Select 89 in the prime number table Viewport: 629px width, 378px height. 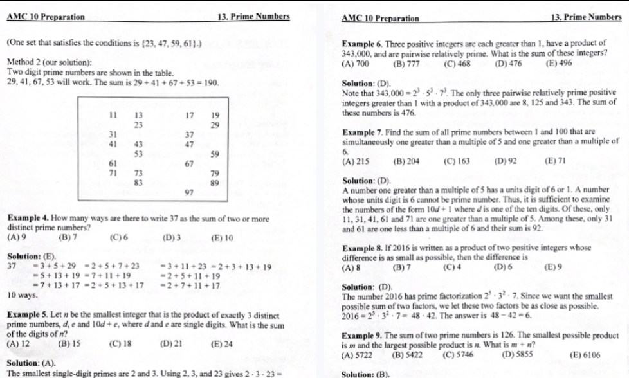click(x=215, y=183)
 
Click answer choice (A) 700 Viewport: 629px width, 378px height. click(x=357, y=64)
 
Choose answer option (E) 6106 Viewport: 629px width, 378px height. click(x=584, y=354)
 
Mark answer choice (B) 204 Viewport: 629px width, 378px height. click(x=405, y=161)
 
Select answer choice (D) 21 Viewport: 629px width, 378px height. click(x=175, y=344)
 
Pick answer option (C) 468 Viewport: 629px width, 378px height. click(x=457, y=64)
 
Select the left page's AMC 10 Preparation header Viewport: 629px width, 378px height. click(x=45, y=16)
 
